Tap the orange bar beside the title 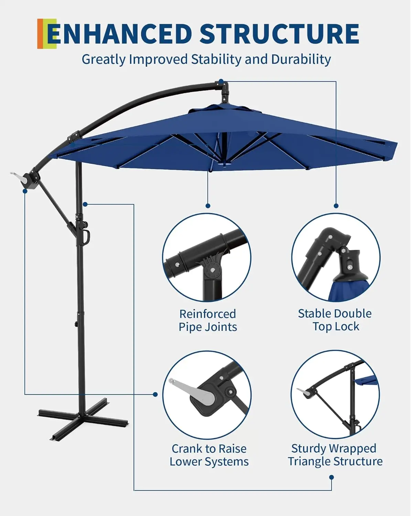[40, 34]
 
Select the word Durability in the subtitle [301, 60]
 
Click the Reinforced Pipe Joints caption [208, 320]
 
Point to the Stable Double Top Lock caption [335, 320]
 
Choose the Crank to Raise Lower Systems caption [209, 455]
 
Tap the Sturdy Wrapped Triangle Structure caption [335, 455]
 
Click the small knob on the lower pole [74, 324]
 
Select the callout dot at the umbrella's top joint [221, 81]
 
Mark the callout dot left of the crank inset [155, 394]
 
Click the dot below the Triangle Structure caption [332, 477]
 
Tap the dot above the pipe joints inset [208, 206]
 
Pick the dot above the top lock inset [336, 206]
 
